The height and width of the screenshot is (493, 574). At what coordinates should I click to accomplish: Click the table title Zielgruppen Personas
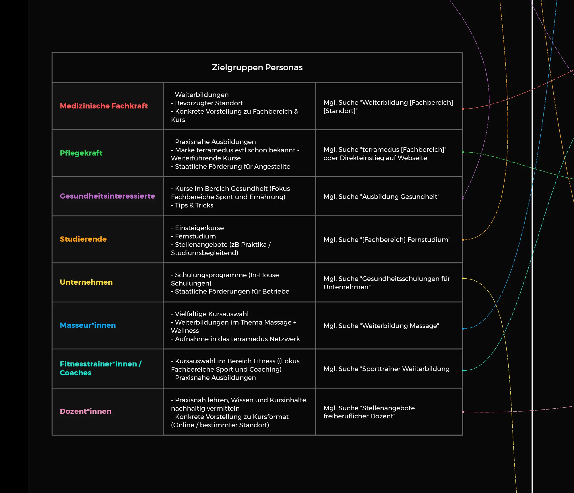coord(257,67)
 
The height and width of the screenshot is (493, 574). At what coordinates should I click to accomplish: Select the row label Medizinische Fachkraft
coord(104,106)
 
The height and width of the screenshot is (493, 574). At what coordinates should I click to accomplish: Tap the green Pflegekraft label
coord(81,153)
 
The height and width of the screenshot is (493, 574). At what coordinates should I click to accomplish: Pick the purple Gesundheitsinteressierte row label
coord(107,196)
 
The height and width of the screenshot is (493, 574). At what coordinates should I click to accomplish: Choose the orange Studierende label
coord(83,239)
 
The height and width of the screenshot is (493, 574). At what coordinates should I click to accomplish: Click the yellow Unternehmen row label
coord(86,282)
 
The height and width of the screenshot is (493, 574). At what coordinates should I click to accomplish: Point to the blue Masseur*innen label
coord(88,325)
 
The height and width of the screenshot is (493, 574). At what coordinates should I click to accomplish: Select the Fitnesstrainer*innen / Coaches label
coord(100,368)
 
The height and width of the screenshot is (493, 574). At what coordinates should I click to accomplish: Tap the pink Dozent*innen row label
coord(86,411)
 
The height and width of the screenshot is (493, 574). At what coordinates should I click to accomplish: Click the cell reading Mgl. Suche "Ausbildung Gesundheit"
coord(381,197)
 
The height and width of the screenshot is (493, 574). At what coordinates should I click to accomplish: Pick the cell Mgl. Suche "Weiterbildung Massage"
coord(381,326)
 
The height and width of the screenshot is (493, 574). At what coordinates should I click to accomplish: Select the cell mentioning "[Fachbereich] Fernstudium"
coord(387,240)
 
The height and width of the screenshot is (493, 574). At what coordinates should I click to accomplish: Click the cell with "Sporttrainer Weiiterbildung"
coord(388,369)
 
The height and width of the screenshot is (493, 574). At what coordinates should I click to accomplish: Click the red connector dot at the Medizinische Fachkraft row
coord(463,109)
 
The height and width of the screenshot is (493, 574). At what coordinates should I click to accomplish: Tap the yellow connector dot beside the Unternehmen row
coord(463,278)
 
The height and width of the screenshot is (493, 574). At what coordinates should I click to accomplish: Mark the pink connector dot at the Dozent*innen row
coord(463,412)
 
